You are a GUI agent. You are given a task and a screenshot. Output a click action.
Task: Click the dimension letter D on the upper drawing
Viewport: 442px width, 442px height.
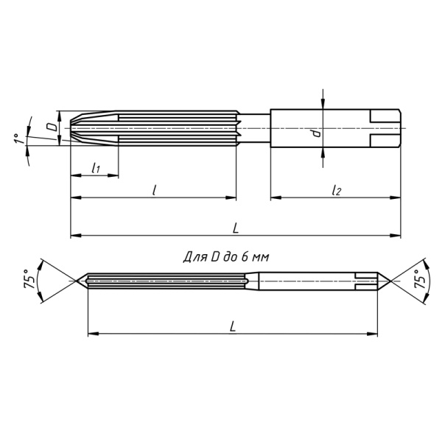coord(51,127)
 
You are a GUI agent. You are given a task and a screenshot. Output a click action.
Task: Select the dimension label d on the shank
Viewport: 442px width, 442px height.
coord(315,133)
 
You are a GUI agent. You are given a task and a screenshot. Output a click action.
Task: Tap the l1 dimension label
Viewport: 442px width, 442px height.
coord(95,169)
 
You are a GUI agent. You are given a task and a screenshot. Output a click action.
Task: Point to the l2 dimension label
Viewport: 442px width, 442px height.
coord(336,190)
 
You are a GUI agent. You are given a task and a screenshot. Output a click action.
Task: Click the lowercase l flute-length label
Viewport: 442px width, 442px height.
coord(153,190)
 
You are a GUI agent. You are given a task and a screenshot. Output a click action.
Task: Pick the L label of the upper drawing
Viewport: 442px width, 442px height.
coord(235,228)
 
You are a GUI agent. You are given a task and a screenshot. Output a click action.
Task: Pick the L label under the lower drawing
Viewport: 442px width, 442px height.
coord(233,325)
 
